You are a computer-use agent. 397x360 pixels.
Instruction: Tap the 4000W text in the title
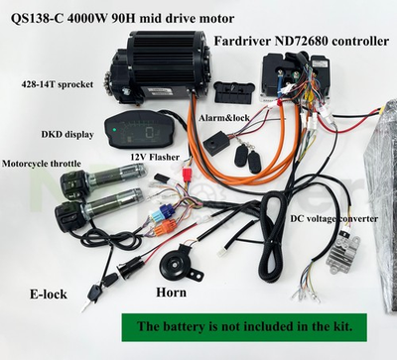(98, 16)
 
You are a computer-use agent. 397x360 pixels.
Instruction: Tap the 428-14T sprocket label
(60, 85)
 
